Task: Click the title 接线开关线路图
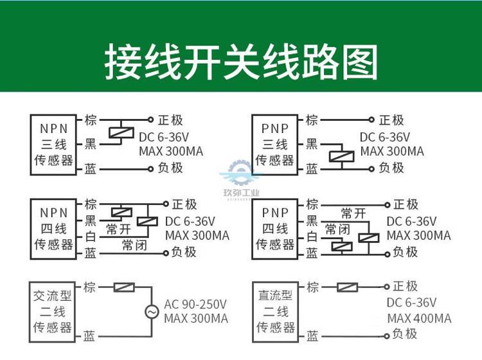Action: tap(241, 62)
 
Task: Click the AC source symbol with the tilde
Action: tap(152, 312)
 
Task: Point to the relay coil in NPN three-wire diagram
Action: tap(121, 133)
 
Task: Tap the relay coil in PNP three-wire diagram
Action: tap(341, 156)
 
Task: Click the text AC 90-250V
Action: tap(195, 304)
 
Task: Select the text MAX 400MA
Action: tap(419, 318)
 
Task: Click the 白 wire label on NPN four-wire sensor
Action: tap(91, 237)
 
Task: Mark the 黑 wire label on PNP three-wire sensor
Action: tap(312, 143)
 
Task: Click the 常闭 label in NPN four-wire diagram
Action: tap(134, 245)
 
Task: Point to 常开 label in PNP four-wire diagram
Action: tap(353, 213)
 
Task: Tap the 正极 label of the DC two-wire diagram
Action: tap(405, 286)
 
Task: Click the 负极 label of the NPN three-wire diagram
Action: tap(170, 168)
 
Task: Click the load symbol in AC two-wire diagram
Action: tap(124, 287)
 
